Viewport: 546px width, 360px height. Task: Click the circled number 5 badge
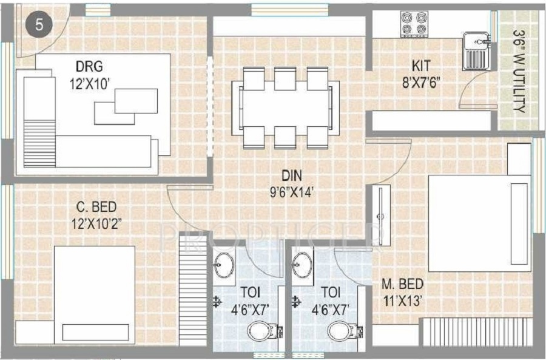39,25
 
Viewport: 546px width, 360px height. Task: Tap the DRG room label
90,66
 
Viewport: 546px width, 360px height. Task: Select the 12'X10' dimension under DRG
90,84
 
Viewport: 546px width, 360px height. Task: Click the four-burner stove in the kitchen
414,24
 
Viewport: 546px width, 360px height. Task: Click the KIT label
421,65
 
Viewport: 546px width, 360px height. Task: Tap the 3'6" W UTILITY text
519,71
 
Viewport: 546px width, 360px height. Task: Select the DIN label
292,175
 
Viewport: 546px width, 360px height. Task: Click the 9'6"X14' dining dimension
292,192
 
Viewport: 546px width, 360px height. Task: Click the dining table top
286,107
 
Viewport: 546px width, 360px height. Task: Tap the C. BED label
96,207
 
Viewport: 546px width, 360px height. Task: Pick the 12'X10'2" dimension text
96,223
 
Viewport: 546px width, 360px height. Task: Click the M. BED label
403,284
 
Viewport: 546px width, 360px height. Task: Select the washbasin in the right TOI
302,265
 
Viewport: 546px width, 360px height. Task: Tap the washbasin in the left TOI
223,265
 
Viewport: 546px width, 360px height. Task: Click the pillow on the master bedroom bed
519,224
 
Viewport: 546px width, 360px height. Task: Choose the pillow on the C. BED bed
95,333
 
